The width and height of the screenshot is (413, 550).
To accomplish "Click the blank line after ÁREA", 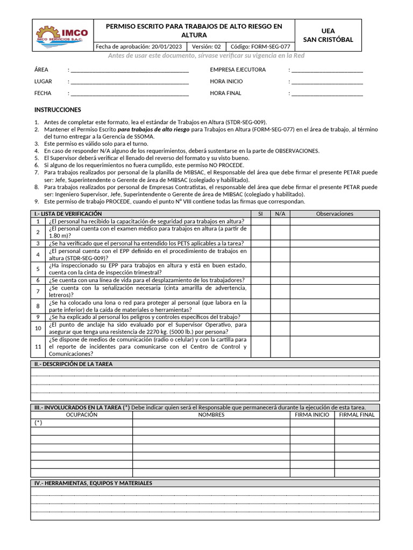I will click(130, 70).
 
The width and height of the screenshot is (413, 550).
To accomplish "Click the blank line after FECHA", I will click(130, 93).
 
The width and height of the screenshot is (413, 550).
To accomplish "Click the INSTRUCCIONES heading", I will click(58, 110).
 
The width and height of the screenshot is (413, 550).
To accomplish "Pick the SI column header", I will click(260, 214).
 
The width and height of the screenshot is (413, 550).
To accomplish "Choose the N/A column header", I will click(280, 214).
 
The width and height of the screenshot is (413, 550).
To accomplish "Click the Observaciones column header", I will click(334, 214).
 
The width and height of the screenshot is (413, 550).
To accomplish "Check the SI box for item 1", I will click(260, 221).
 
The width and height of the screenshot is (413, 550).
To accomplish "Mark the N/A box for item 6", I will click(280, 280).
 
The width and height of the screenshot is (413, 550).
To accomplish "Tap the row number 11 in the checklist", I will click(38, 347).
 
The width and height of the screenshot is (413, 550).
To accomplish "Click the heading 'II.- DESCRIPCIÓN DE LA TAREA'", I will click(74, 364).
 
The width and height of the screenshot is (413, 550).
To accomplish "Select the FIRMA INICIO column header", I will click(312, 415).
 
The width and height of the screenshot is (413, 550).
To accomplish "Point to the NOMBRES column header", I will click(211, 415).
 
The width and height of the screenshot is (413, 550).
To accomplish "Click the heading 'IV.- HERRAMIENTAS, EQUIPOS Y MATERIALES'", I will click(93, 483).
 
